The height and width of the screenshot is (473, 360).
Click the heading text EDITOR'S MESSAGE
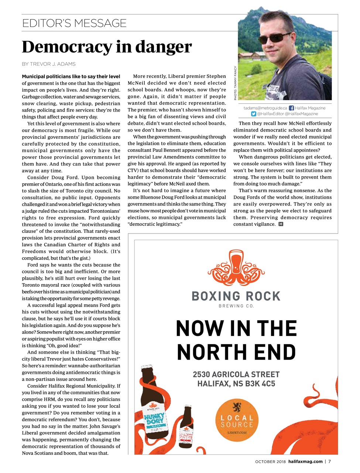[x=74, y=23]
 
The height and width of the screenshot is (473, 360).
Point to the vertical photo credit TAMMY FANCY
[x=236, y=83]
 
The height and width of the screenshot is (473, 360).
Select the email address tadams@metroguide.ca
[x=265, y=108]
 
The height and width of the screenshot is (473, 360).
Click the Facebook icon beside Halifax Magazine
[x=291, y=108]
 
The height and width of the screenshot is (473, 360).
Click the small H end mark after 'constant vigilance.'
[x=281, y=224]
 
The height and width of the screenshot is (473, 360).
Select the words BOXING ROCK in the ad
[x=236, y=296]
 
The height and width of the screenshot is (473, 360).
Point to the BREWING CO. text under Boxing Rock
[x=236, y=306]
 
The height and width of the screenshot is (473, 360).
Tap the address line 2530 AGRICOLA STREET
[x=236, y=374]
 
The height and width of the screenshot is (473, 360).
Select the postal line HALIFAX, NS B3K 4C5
[x=236, y=384]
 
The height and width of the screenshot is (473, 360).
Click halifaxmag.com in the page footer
[x=305, y=462]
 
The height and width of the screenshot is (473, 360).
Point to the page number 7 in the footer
[x=330, y=462]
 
